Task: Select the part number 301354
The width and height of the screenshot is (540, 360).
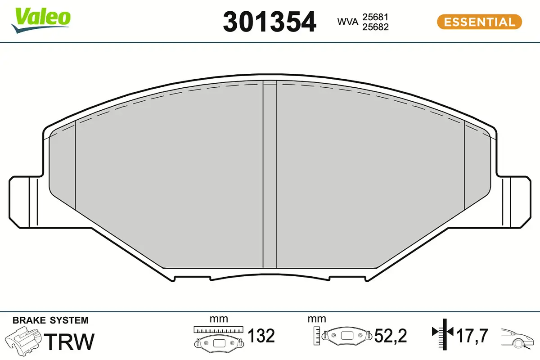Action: point(270,22)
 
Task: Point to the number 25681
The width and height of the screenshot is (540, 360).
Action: point(376,17)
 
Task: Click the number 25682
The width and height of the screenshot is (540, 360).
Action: point(376,27)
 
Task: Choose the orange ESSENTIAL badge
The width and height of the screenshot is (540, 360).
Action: point(479,22)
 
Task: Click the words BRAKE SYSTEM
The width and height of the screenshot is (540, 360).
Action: point(50,320)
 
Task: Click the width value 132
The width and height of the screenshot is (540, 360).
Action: point(261,336)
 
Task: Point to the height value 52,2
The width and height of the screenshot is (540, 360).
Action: point(391,336)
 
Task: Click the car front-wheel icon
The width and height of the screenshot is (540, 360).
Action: point(518,337)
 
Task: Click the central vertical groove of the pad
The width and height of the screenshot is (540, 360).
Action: point(270,175)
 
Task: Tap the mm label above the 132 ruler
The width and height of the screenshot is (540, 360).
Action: point(219,319)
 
